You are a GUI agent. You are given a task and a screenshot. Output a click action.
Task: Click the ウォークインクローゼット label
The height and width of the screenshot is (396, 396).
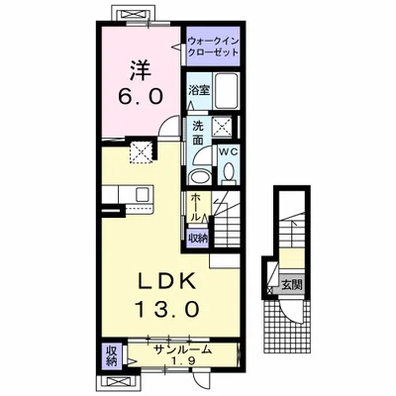click(x=213, y=47)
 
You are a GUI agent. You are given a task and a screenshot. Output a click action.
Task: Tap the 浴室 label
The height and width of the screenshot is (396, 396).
click(x=199, y=90)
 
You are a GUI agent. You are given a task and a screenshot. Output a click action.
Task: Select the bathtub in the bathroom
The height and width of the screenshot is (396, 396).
click(x=227, y=91)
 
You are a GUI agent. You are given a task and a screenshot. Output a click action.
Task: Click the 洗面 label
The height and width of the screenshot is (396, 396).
click(x=198, y=133)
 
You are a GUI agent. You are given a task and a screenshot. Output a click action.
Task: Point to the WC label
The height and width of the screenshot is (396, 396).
click(x=229, y=151)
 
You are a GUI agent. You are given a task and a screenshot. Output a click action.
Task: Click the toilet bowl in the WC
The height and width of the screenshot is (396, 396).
click(x=229, y=173)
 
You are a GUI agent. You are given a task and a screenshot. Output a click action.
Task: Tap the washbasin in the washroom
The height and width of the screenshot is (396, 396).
click(x=199, y=176)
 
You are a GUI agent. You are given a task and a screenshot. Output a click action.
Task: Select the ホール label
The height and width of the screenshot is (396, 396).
click(x=195, y=207)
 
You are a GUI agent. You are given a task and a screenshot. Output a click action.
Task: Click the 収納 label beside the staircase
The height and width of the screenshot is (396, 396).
click(x=198, y=238)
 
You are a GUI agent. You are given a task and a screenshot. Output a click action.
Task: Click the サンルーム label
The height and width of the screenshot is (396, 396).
click(x=182, y=349)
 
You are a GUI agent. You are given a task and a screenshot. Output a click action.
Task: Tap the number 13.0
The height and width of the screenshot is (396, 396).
click(x=167, y=309)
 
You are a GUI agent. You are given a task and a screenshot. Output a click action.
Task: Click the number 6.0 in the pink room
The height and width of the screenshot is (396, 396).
click(x=141, y=96)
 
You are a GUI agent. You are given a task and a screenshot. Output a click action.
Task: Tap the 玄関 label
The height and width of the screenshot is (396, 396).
click(x=292, y=284)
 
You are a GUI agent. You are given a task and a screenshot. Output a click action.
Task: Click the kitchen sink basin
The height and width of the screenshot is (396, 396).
click(x=144, y=194)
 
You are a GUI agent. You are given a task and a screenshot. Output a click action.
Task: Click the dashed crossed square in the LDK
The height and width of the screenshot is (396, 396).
click(x=141, y=152)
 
